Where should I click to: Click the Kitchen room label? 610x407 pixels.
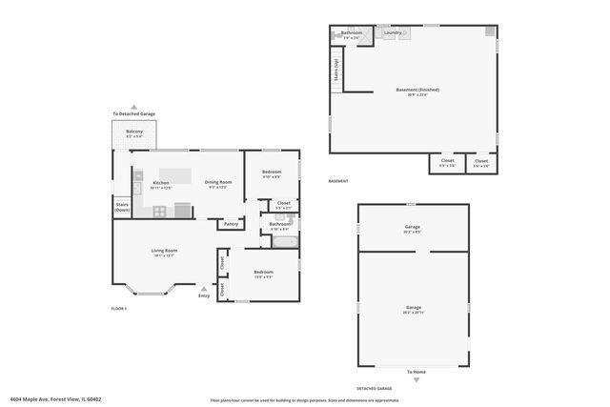(161, 182)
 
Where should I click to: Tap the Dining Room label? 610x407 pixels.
(216, 182)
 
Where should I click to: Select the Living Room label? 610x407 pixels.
(164, 251)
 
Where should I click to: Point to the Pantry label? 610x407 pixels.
(231, 224)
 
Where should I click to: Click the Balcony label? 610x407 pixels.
(134, 132)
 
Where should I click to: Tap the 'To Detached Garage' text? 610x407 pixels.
(133, 115)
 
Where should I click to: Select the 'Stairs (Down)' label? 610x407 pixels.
(122, 206)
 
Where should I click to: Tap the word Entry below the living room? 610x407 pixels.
(204, 295)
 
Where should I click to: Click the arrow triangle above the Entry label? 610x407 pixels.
(204, 287)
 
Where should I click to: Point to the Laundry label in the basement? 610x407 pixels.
(392, 32)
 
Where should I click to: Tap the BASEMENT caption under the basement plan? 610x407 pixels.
(338, 181)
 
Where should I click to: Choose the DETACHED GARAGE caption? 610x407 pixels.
(375, 389)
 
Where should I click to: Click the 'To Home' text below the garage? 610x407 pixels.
(416, 372)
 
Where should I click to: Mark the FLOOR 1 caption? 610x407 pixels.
(119, 309)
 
